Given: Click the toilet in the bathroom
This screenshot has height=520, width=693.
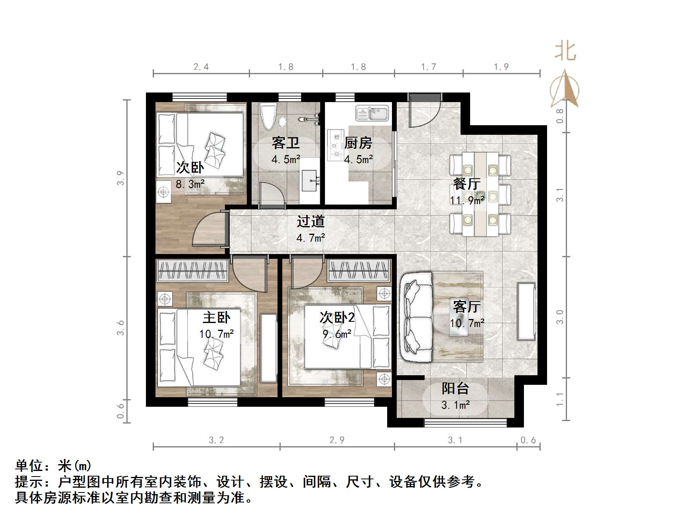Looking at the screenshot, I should pyautogui.click(x=268, y=116).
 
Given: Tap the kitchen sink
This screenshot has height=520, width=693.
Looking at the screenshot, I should pyautogui.click(x=372, y=114).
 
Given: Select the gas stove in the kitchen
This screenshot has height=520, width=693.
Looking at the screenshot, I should pyautogui.click(x=336, y=146).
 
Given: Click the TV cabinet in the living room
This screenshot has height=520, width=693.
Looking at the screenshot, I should pyautogui.click(x=526, y=311).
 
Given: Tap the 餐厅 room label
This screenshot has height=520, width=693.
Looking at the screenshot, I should pyautogui.click(x=467, y=184).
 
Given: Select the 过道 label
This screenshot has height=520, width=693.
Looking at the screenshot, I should pyautogui.click(x=311, y=221).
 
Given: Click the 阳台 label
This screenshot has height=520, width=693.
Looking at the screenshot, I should pyautogui.click(x=455, y=388).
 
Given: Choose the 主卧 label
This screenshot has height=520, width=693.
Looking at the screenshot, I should pyautogui.click(x=216, y=317).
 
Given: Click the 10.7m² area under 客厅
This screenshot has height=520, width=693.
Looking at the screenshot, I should pyautogui.click(x=467, y=323).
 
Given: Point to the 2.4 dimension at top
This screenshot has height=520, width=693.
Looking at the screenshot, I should pyautogui.click(x=201, y=67).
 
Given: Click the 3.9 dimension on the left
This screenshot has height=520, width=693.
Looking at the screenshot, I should pyautogui.click(x=120, y=178).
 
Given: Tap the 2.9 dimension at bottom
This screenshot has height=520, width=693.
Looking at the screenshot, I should pyautogui.click(x=337, y=440).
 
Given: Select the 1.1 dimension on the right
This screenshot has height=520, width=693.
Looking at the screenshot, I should pyautogui.click(x=560, y=399).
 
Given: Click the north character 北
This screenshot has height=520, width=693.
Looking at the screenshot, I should pyautogui.click(x=565, y=52).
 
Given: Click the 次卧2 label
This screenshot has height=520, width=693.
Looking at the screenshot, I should pyautogui.click(x=337, y=318).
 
